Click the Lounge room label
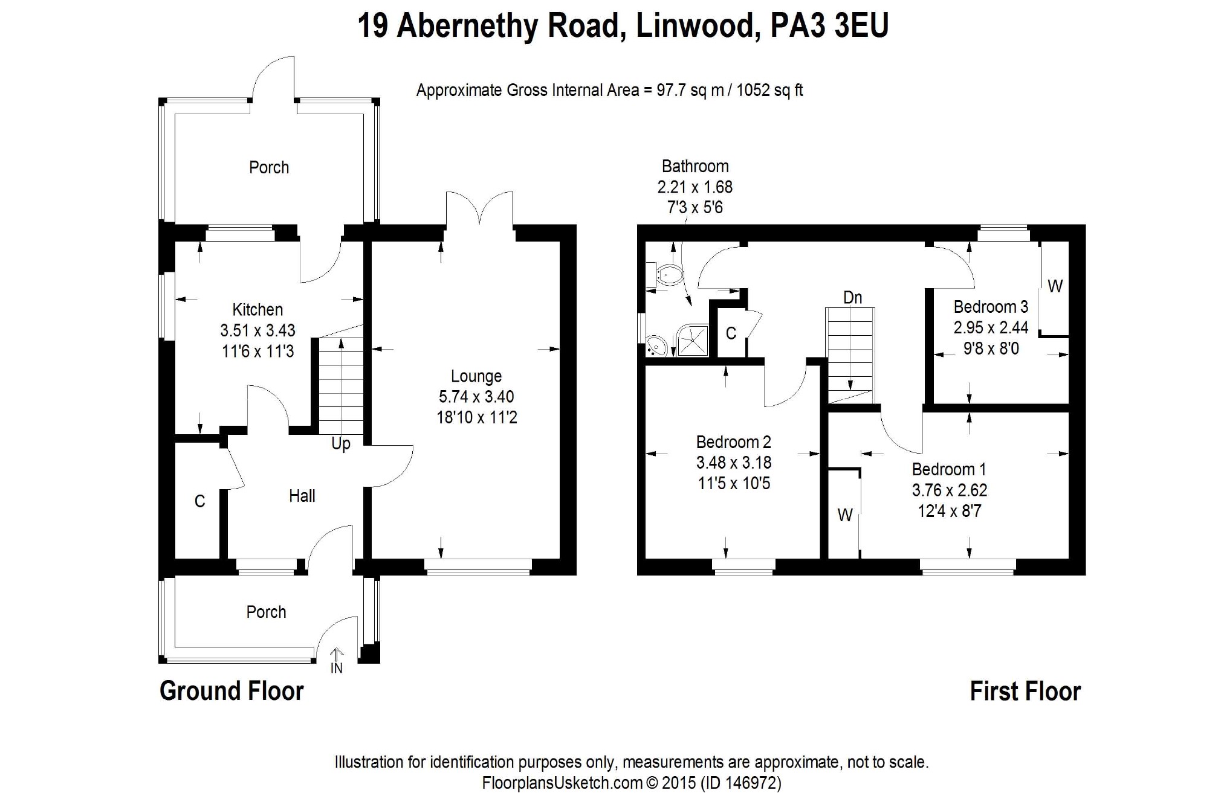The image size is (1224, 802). coord(476,376)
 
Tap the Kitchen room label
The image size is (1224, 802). coord(257,310)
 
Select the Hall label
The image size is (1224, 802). coord(302,496)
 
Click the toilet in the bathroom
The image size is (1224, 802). coord(667,275)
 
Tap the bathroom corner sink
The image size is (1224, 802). coord(655,346)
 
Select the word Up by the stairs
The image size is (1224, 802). coord(341,444)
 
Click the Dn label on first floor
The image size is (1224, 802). coord(852,297)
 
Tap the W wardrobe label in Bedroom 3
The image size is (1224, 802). coord(1055,286)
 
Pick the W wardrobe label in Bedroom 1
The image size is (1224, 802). coord(844,515)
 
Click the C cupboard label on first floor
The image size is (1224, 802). coord(731,333)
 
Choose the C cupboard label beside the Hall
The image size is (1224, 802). coord(199,501)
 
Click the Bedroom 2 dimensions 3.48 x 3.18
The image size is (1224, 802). coord(733,463)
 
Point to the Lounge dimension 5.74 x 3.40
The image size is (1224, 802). coord(476,397)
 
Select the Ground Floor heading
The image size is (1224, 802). coord(232,691)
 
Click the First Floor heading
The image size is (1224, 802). coord(1025,691)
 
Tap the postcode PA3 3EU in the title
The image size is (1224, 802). coord(829,26)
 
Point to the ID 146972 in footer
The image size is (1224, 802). coord(741,783)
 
